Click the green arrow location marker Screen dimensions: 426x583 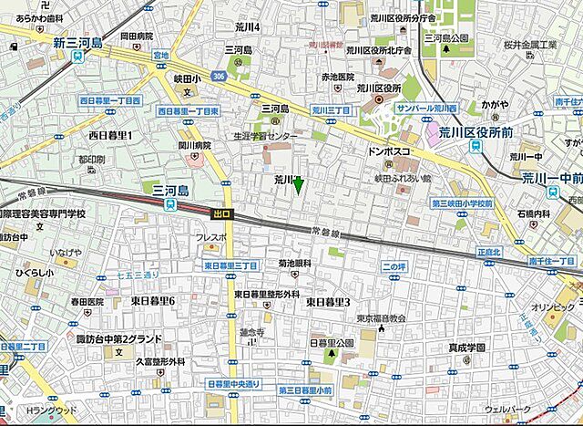(298, 184)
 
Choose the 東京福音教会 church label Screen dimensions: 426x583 (380, 318)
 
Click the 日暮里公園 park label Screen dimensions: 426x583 (332, 343)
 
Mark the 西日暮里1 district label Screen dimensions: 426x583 (111, 136)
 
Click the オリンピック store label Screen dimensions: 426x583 (553, 307)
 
